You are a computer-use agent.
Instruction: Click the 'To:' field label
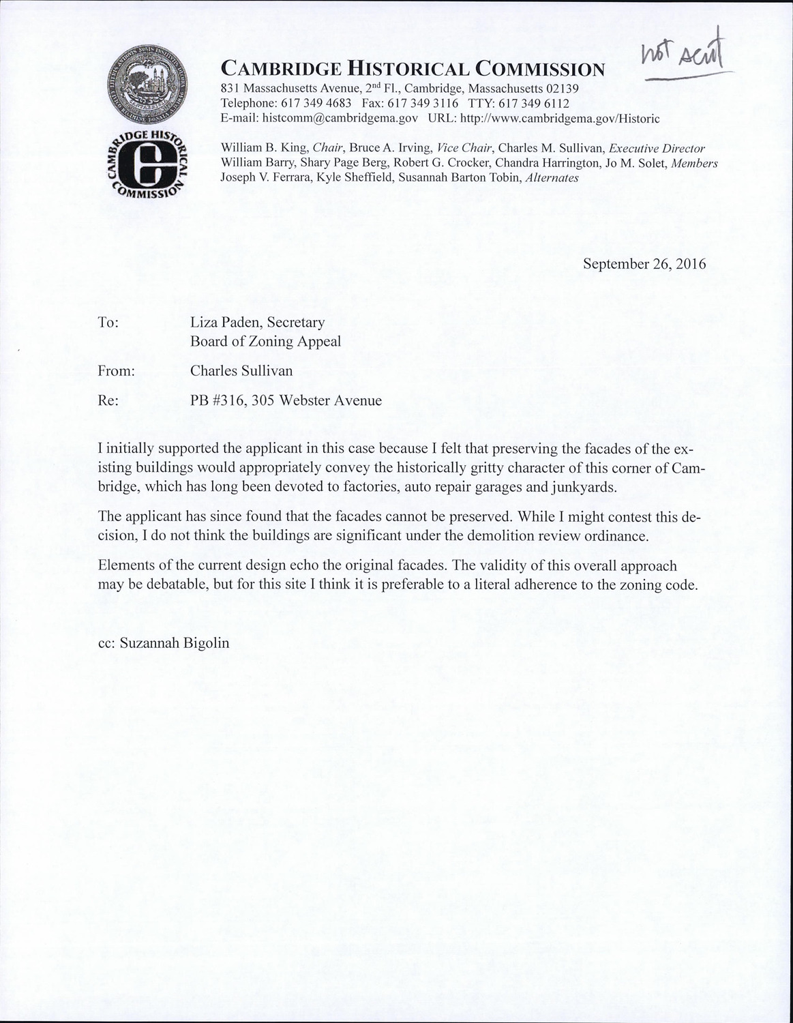point(109,323)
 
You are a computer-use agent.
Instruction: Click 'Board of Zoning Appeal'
point(265,341)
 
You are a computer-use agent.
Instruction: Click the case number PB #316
point(217,401)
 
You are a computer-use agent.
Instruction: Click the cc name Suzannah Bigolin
point(174,643)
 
